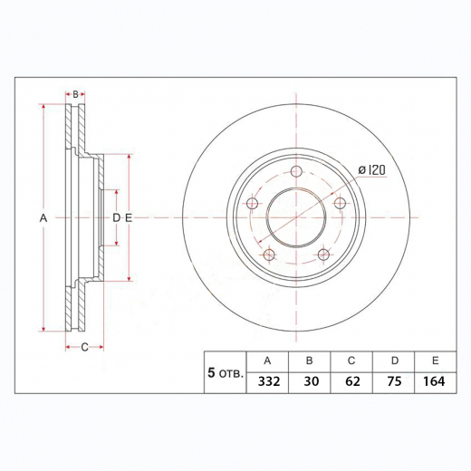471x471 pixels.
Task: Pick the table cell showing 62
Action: coord(352,381)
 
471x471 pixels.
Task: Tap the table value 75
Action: coord(395,381)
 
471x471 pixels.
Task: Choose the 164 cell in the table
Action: coord(435,381)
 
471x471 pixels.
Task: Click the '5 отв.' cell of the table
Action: coord(225,372)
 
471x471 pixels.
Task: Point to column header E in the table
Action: coord(435,360)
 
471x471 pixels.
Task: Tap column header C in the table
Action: coord(352,360)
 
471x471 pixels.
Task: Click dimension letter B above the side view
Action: coord(76,93)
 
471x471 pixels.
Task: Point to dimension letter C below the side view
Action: coord(84,347)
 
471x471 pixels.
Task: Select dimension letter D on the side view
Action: coord(116,218)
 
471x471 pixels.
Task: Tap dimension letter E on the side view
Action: coord(129,218)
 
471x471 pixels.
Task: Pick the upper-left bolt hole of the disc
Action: coord(254,203)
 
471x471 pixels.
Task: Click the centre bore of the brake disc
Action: coord(296,218)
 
